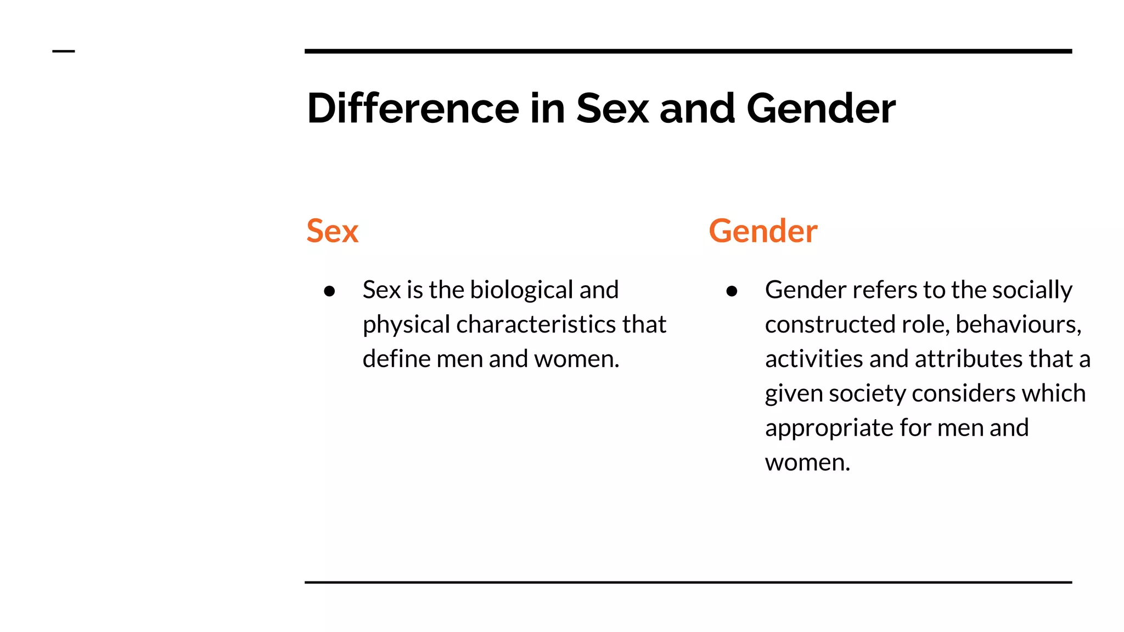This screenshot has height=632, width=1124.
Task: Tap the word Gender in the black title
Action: point(820,108)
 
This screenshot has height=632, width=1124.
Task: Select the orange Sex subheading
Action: point(332,231)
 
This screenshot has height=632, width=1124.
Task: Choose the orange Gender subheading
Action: point(763,231)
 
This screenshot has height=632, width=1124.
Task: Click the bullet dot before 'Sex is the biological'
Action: point(329,291)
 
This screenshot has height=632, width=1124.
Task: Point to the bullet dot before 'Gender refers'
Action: point(732,291)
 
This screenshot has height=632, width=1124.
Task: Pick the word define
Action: point(396,359)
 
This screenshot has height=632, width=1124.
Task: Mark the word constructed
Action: point(830,324)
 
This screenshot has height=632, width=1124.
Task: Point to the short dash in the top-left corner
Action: point(64,51)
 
